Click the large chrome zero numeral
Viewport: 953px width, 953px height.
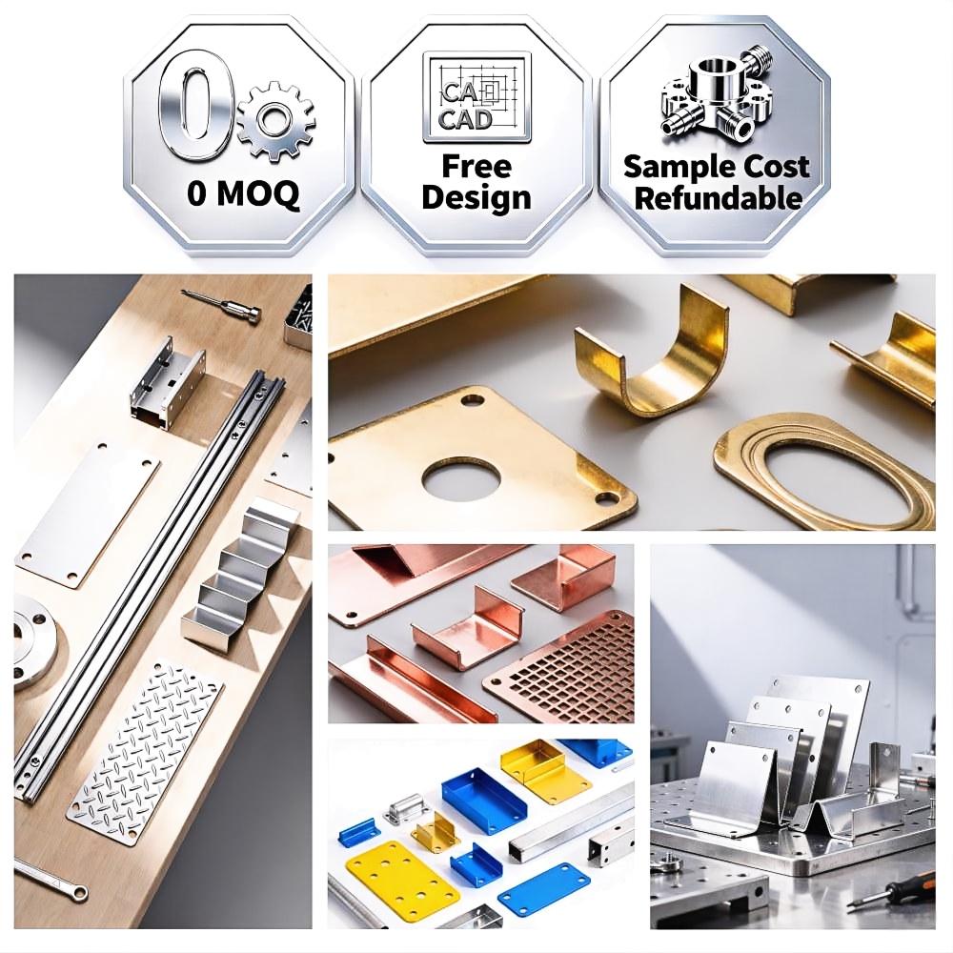(x=193, y=113)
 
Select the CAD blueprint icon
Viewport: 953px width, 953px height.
(x=477, y=97)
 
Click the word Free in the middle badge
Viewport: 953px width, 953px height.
(x=476, y=167)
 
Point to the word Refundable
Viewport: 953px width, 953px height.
(x=718, y=198)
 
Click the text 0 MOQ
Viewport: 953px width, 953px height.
(x=242, y=193)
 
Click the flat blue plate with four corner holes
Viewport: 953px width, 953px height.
(x=544, y=891)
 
